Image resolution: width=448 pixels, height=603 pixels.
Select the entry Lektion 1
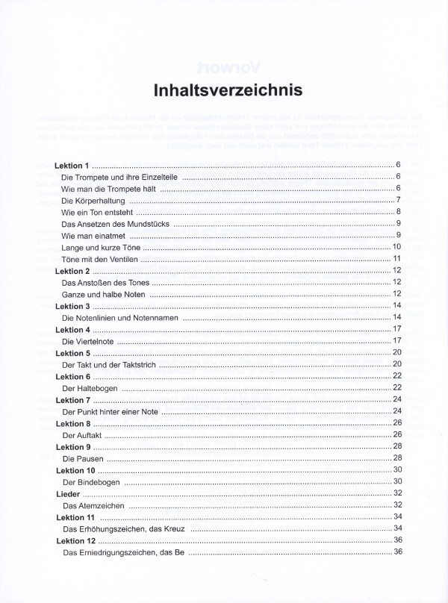[x=72, y=164]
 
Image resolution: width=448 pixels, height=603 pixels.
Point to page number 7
[x=400, y=200]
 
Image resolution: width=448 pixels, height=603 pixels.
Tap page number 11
[x=398, y=258]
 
